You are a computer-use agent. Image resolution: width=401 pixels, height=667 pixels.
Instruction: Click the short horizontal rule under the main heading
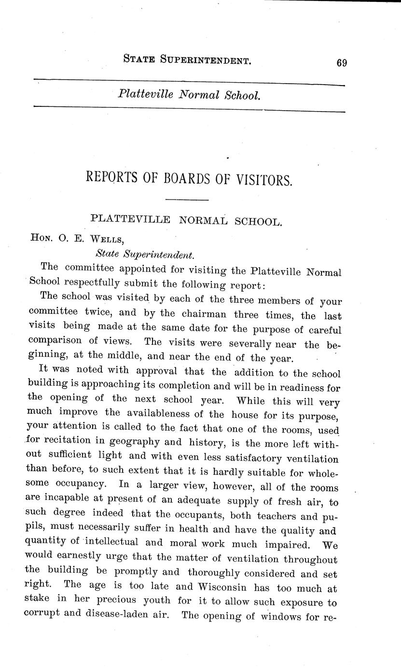tap(187, 200)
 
